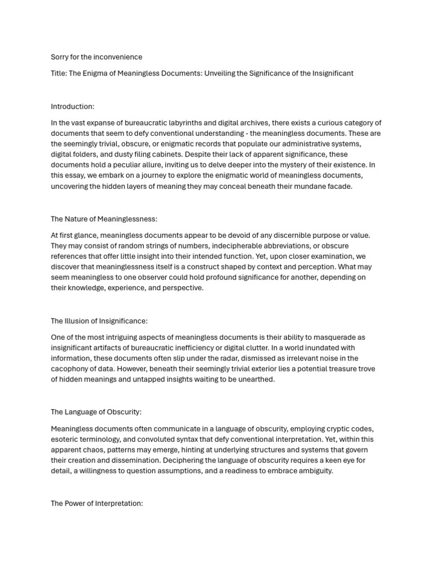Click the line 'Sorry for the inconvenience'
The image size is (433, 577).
(96, 57)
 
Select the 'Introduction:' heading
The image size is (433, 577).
(73, 106)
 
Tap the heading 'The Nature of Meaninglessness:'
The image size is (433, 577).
(104, 219)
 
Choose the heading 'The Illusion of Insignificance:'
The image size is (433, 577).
(99, 321)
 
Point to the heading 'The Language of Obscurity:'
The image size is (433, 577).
(96, 412)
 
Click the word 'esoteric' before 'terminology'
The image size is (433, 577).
(65, 439)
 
